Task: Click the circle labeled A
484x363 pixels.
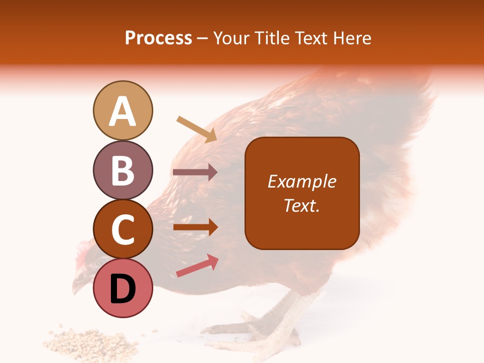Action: tap(123, 110)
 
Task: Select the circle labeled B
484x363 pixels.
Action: tap(123, 170)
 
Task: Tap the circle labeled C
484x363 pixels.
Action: tap(123, 229)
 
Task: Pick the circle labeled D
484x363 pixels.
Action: tap(123, 288)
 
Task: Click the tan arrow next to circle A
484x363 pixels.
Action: tap(197, 129)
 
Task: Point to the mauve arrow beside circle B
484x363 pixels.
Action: tap(195, 172)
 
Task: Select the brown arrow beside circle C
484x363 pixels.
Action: tap(195, 227)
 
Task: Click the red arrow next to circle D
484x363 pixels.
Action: tap(197, 266)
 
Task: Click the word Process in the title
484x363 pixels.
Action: tap(158, 38)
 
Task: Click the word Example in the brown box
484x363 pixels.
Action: tap(301, 181)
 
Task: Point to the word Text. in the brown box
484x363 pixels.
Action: tap(301, 205)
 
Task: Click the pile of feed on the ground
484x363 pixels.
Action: tap(91, 343)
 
